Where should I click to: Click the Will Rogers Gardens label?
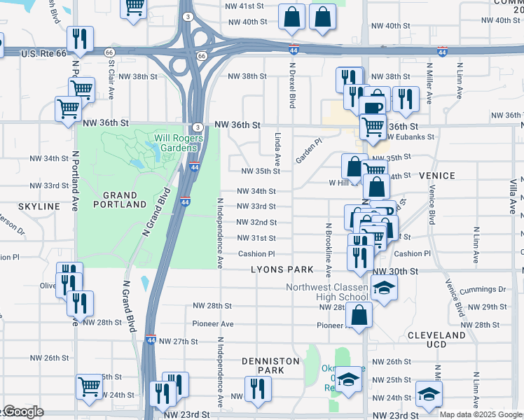(179, 143)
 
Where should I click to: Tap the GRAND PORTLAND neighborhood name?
(115, 199)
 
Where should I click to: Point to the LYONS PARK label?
(283, 270)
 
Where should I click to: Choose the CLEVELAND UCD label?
(436, 340)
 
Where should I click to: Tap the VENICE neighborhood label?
(436, 176)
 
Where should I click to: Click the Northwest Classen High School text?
(326, 293)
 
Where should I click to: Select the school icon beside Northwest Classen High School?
(384, 288)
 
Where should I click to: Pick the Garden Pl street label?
(308, 150)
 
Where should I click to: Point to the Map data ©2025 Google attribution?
(481, 414)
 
